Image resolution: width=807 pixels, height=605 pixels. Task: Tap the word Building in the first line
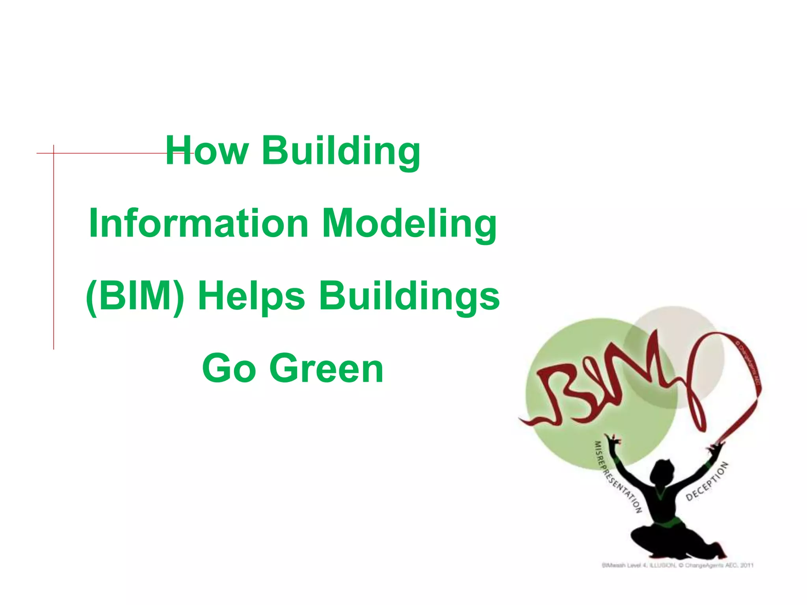point(341,151)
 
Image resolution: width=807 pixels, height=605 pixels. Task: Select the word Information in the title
point(199,223)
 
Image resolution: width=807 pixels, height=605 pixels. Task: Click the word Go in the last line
point(229,369)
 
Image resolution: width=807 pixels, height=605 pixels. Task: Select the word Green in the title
point(326,369)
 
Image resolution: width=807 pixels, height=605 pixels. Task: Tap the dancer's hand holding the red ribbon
point(715,447)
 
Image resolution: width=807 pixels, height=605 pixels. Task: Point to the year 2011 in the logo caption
point(747,566)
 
